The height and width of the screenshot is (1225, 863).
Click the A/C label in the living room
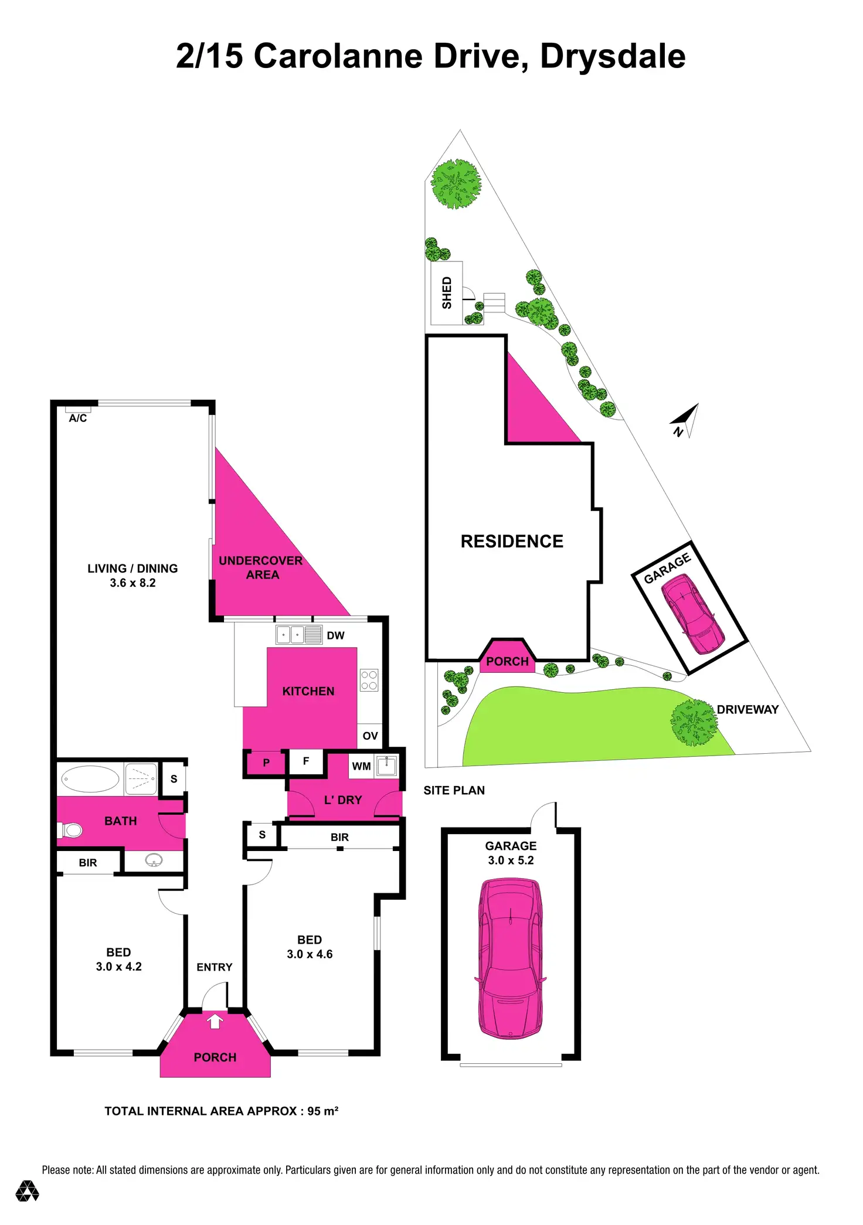click(78, 418)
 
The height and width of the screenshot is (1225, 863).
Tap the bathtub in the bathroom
click(90, 779)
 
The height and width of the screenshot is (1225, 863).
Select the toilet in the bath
click(70, 830)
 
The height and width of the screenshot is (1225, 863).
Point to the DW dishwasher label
click(335, 635)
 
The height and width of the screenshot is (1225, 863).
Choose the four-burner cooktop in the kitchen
click(369, 680)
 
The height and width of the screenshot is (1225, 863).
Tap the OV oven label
click(370, 736)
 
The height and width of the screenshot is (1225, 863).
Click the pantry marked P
click(266, 763)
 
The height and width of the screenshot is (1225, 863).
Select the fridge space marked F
click(305, 761)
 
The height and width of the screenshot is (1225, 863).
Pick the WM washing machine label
click(361, 766)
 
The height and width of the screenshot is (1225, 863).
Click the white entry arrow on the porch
click(215, 1021)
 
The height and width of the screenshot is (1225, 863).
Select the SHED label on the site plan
click(447, 293)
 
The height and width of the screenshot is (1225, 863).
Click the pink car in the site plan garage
click(692, 613)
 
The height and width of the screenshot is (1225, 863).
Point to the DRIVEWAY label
click(748, 709)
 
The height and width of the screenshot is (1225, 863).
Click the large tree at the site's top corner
click(456, 183)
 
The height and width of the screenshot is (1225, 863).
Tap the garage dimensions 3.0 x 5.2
click(511, 860)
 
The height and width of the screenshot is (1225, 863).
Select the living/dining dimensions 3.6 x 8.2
click(132, 583)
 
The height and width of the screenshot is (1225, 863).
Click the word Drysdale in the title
click(613, 56)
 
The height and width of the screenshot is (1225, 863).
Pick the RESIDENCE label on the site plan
click(512, 541)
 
